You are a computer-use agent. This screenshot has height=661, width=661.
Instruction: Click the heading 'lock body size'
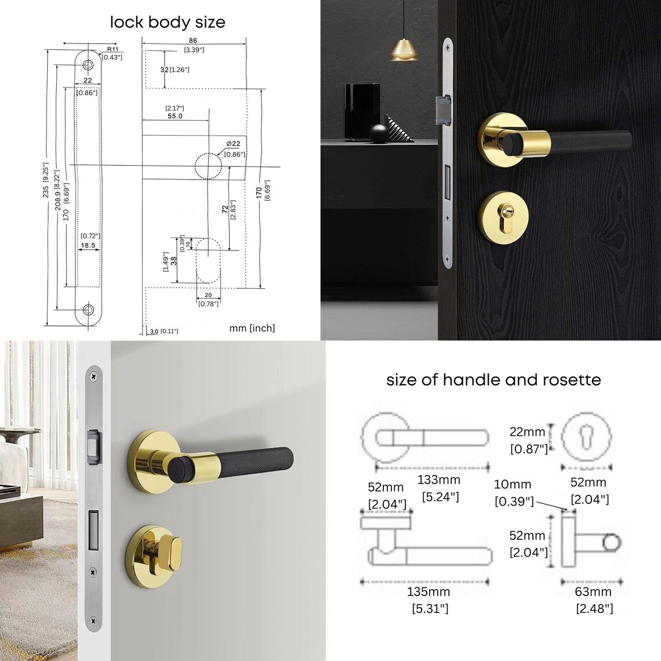click(x=168, y=23)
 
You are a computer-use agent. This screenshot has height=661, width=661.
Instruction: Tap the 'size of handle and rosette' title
click(x=493, y=380)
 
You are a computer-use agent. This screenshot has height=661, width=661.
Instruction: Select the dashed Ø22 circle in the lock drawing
click(x=208, y=166)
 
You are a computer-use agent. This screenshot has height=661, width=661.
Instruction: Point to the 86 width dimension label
click(x=193, y=41)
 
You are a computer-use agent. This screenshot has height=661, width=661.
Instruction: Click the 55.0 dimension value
click(x=175, y=116)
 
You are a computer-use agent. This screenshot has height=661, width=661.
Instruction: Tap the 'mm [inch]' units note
click(x=252, y=328)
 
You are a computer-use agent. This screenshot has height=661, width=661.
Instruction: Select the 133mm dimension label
click(x=439, y=480)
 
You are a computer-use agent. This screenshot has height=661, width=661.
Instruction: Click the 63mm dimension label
click(x=593, y=592)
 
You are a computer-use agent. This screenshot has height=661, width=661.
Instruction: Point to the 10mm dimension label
click(x=513, y=485)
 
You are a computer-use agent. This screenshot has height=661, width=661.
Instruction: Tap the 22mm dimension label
click(x=527, y=432)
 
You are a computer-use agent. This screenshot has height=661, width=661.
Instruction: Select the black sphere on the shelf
click(x=379, y=133)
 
